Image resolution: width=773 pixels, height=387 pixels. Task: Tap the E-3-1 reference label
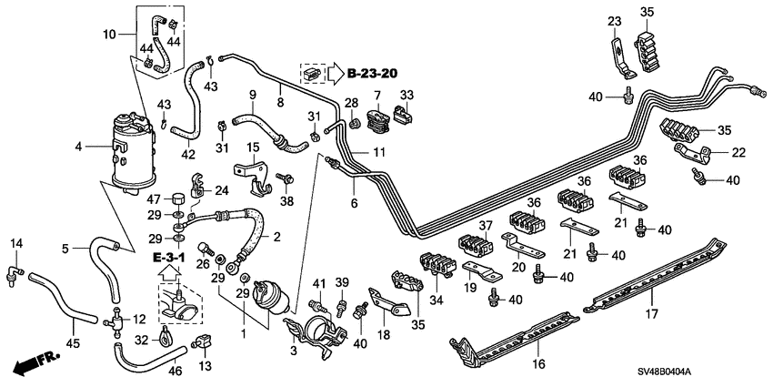click(168, 258)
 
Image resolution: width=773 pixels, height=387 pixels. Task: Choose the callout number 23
click(614, 21)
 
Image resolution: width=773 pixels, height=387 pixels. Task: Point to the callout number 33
click(407, 95)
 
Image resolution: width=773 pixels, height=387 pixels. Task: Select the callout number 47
click(156, 200)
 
